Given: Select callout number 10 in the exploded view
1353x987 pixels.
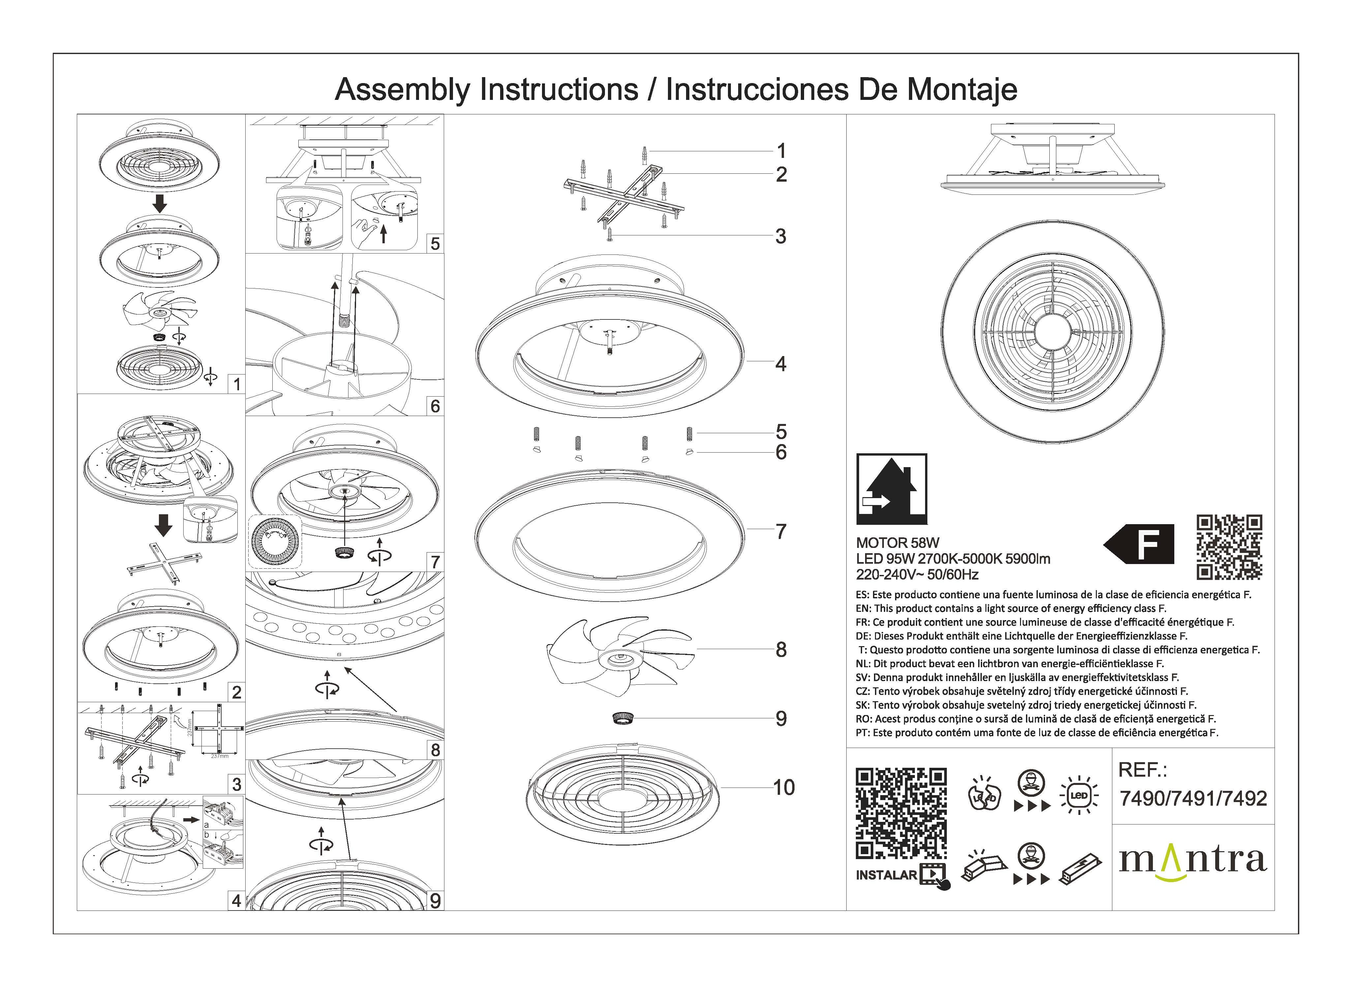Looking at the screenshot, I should click(784, 788).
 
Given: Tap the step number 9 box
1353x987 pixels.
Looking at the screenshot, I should click(435, 900).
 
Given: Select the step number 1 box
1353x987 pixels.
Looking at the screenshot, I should click(237, 384).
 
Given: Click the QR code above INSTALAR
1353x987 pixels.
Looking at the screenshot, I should click(901, 814).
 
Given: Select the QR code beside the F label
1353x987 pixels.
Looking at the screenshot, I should click(1229, 547).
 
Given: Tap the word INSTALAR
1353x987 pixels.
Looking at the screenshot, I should click(886, 875).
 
